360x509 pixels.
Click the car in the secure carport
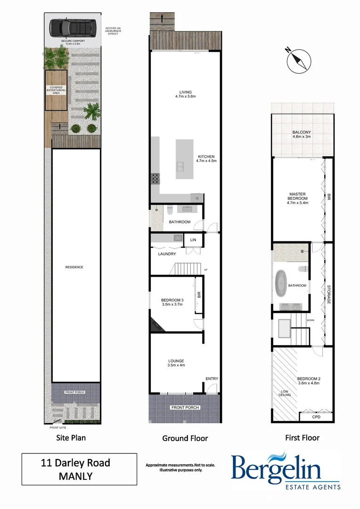[73, 29]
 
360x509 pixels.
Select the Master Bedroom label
[298, 198]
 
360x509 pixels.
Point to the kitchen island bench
[186, 159]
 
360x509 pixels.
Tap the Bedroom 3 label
[172, 300]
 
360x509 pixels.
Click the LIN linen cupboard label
[193, 240]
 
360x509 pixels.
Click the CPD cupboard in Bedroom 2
[316, 418]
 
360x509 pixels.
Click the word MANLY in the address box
[75, 476]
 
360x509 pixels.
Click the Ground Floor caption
[185, 438]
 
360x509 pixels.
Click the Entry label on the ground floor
[212, 379]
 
